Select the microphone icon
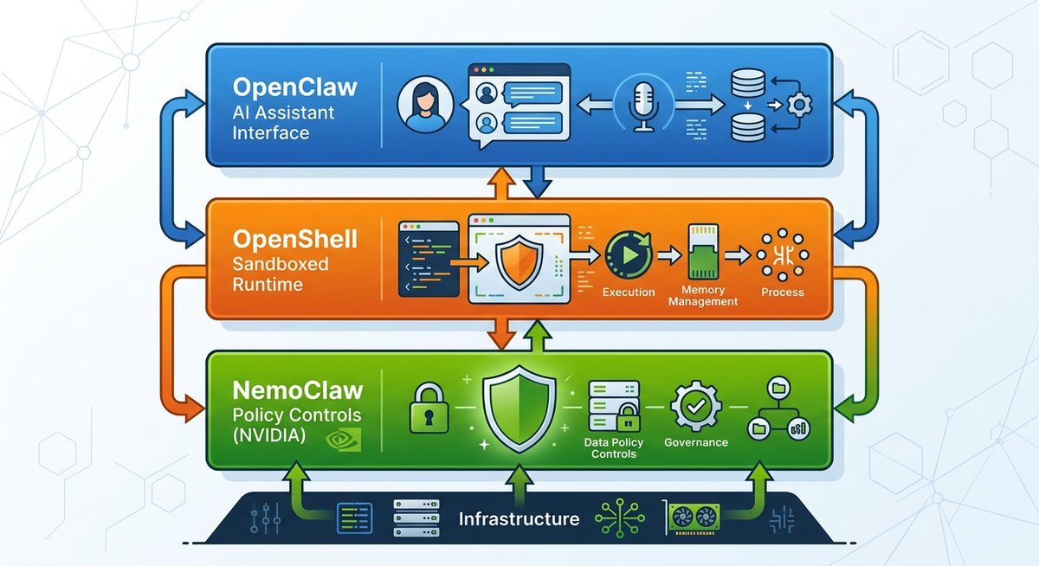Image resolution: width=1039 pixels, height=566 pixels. [643, 103]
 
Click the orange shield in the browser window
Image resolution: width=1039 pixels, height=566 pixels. [518, 258]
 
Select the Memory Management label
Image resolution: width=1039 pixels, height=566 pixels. [703, 295]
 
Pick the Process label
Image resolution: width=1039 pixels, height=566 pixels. [783, 293]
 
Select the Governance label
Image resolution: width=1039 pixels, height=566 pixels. [696, 442]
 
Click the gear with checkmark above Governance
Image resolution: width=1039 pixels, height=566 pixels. [695, 405]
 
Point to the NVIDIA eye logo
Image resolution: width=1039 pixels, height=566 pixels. [341, 442]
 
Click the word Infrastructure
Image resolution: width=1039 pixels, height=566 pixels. [519, 519]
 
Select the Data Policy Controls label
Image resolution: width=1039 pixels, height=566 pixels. [613, 447]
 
